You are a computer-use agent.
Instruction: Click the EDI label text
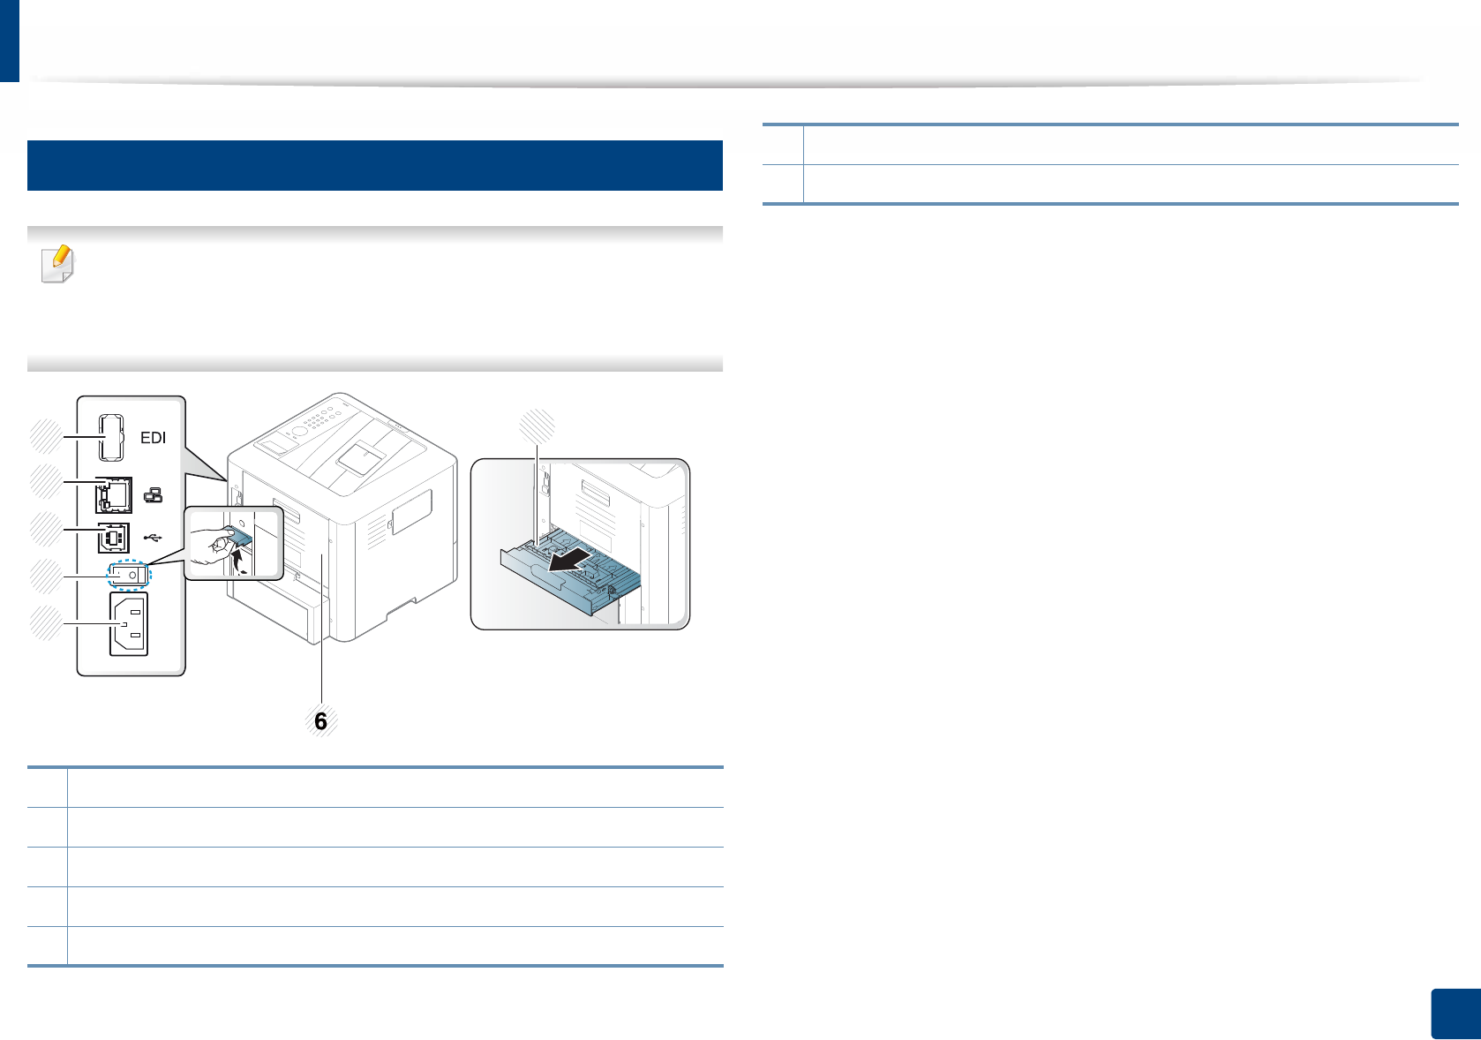coord(154,438)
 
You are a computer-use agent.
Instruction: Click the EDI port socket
coord(110,437)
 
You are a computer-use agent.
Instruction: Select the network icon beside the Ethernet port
coord(154,496)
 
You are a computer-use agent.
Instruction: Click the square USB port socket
coord(113,537)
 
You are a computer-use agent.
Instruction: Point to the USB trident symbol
coord(153,537)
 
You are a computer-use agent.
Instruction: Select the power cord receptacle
coord(129,624)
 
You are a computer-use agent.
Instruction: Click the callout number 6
coord(320,721)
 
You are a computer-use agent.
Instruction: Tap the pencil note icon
coord(57,264)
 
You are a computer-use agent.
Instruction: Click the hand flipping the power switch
coord(212,546)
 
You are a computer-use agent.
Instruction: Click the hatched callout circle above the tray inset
coord(538,426)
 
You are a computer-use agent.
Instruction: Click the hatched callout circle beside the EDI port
coord(45,437)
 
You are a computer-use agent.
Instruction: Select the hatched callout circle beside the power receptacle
coord(45,623)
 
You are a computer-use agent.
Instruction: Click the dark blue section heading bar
coord(375,165)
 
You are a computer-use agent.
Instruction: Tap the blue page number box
coord(1455,1014)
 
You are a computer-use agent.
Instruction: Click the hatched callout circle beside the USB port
coord(45,530)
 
